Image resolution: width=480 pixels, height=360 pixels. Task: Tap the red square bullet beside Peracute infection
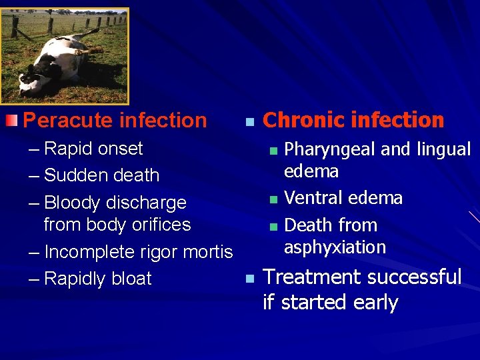click(x=10, y=121)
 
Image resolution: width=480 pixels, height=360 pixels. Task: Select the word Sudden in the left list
click(x=73, y=175)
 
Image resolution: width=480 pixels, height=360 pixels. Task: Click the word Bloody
click(x=75, y=203)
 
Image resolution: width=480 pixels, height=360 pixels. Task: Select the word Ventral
click(x=314, y=198)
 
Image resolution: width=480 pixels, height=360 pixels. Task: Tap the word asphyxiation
click(x=335, y=247)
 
